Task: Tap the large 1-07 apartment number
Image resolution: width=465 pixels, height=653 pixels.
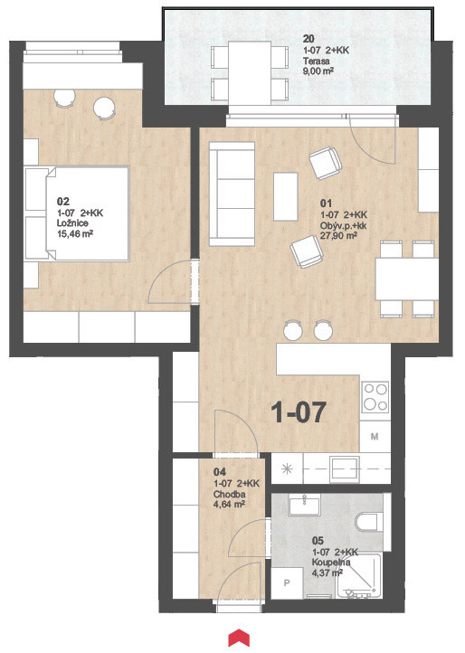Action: coord(298,412)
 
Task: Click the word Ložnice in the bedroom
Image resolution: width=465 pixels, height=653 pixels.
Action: coord(72,223)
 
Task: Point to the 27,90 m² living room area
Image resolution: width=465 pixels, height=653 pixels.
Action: coord(338,236)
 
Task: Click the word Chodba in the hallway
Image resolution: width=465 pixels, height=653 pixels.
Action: coord(229,495)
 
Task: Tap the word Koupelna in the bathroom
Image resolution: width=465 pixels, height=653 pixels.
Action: coord(331,563)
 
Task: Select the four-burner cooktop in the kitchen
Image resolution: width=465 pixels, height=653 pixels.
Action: coord(375,397)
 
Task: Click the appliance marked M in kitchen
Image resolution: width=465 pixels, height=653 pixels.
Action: coord(375,437)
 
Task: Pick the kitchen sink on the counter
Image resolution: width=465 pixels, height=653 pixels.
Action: coord(344,468)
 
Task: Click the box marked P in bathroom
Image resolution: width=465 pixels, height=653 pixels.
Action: coord(287,583)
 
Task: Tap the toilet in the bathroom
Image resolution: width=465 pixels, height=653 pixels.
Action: coord(370,522)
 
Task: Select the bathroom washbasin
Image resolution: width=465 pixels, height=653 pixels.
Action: coord(304,506)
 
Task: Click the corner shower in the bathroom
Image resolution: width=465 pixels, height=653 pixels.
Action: coord(359,576)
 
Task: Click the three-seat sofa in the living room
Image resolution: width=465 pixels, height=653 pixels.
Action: coord(232,194)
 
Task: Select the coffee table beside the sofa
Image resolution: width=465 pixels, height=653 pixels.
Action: coord(285,196)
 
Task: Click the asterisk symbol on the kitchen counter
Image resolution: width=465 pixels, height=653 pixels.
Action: coord(287,468)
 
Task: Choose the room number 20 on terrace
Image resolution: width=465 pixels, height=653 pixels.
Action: coord(308,40)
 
